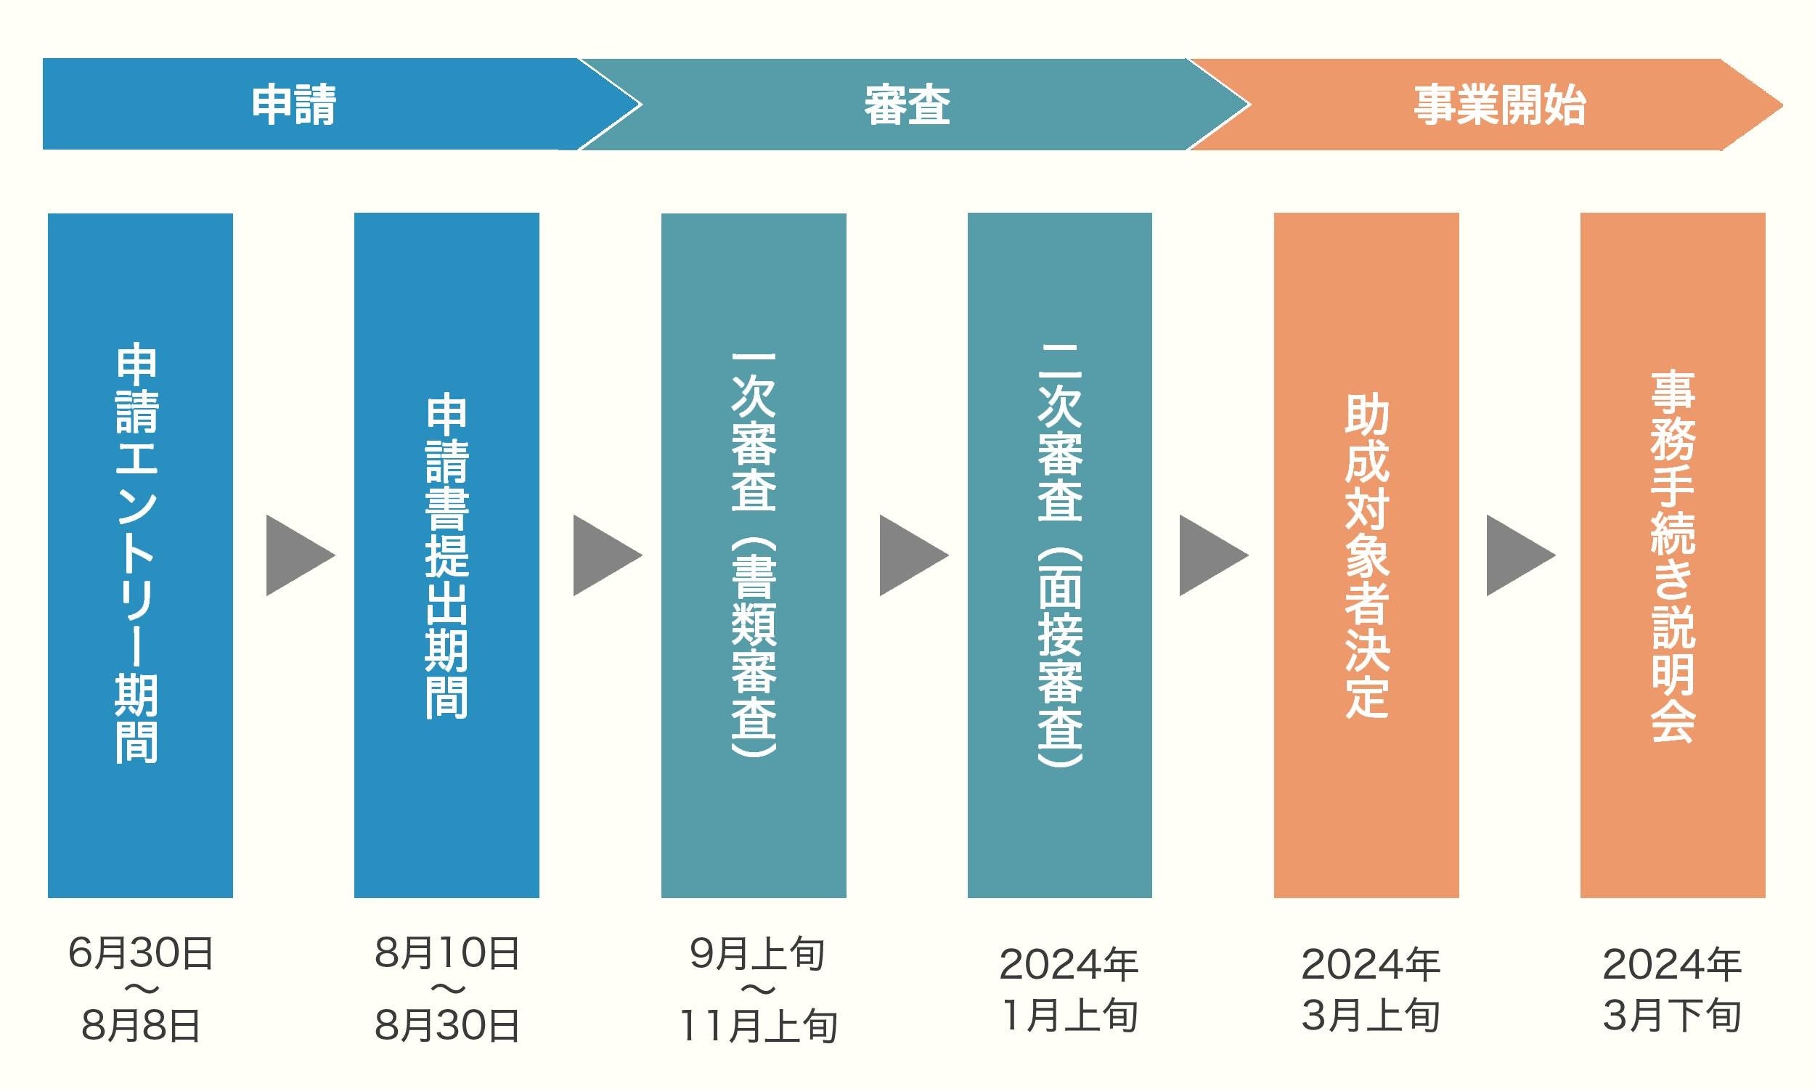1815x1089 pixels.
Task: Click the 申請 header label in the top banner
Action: coord(293,105)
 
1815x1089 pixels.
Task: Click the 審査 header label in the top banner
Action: coord(907,105)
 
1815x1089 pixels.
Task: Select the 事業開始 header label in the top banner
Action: coord(1499,105)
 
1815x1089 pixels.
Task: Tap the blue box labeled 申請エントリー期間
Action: coord(140,555)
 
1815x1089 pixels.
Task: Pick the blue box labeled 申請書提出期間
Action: coord(446,555)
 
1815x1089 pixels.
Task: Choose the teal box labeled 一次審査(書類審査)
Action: coord(754,555)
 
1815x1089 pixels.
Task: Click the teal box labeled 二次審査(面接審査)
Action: coord(1059,555)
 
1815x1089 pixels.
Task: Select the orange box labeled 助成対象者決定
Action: coord(1366,555)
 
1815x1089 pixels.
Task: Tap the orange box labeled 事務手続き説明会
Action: coord(1673,555)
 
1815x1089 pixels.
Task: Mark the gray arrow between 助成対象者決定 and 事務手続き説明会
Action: coord(1516,555)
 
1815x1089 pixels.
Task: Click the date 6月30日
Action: coord(140,953)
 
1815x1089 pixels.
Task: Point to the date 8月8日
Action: coord(140,1025)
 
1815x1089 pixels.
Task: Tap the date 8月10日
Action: coord(446,953)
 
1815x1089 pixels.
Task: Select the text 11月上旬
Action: coord(758,1025)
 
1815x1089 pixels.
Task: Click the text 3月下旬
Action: coord(1672,1016)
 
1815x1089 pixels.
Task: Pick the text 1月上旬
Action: coord(1069,1016)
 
